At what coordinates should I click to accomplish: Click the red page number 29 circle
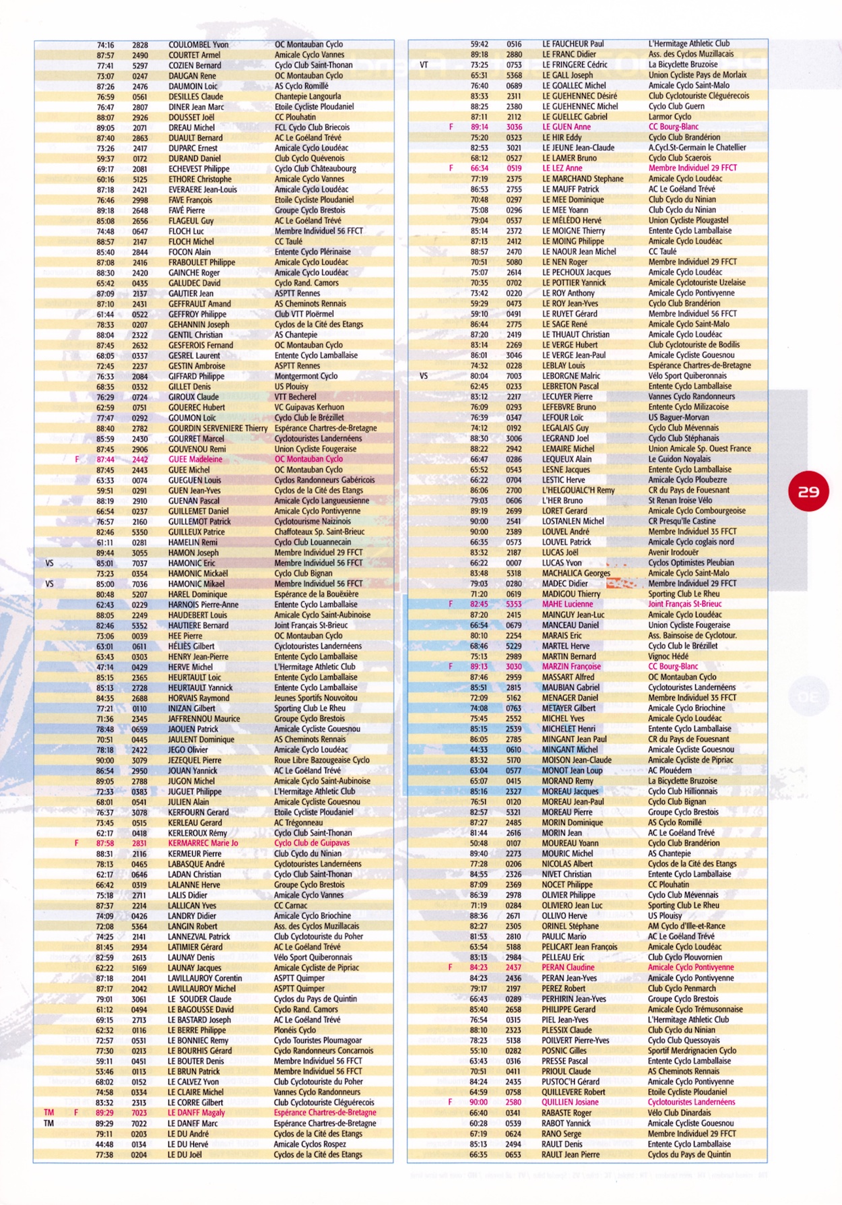point(808,491)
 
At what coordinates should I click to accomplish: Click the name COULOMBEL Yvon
point(198,44)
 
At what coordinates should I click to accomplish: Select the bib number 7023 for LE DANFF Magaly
point(139,1113)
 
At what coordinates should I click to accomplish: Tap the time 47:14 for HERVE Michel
point(105,667)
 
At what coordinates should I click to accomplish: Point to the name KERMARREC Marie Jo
point(203,843)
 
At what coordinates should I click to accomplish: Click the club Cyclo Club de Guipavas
point(312,843)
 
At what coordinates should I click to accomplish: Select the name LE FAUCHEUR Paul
point(573,44)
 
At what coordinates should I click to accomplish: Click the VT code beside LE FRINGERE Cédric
point(424,65)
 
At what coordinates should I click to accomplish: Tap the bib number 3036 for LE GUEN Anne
point(514,127)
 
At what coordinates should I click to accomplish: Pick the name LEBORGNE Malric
point(571,376)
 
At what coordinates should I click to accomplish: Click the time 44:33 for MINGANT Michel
point(479,749)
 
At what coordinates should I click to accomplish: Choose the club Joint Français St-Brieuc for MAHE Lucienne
point(684,605)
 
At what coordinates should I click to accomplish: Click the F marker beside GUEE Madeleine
point(77,460)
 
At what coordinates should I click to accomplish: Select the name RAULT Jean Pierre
point(571,1154)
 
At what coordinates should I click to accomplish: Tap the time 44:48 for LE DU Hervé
point(104,1144)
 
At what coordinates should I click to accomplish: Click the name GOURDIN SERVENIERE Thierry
point(218,428)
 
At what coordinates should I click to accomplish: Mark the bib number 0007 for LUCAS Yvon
point(514,563)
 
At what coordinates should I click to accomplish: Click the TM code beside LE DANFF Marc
point(48,1123)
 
